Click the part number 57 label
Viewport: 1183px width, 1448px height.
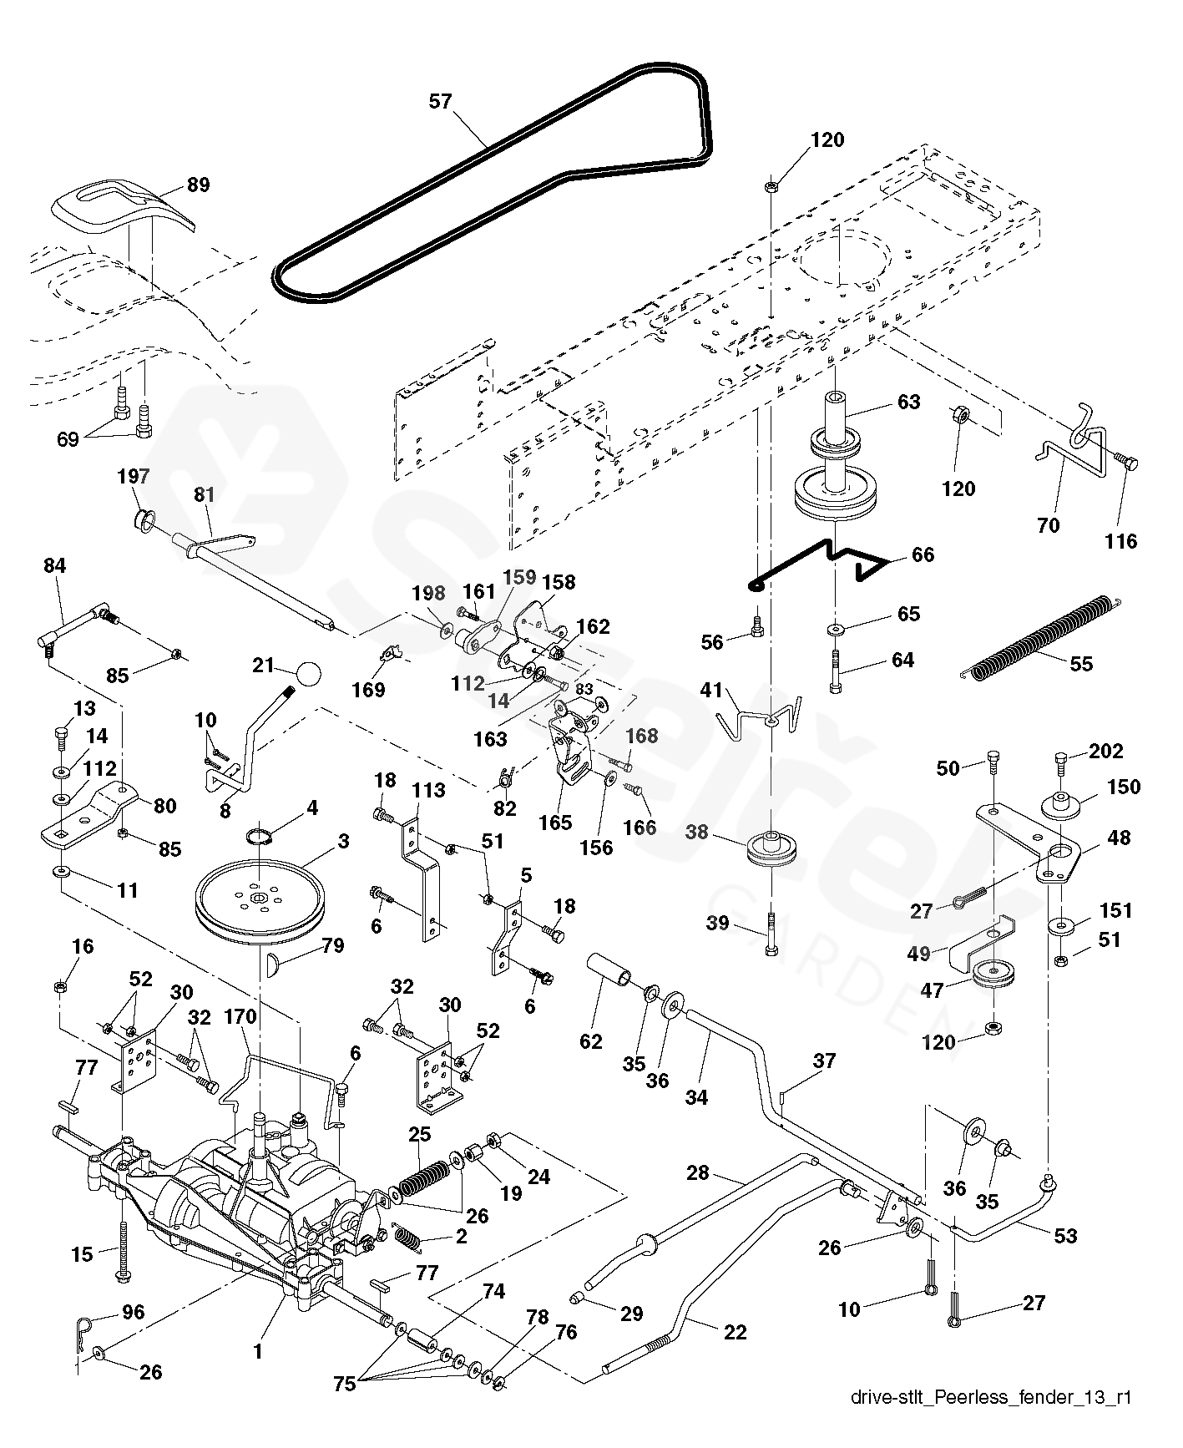pyautogui.click(x=440, y=102)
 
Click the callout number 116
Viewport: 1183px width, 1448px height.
pyautogui.click(x=1120, y=541)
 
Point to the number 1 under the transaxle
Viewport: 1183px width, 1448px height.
pyautogui.click(x=258, y=1350)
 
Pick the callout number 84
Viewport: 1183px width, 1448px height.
pyautogui.click(x=55, y=566)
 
